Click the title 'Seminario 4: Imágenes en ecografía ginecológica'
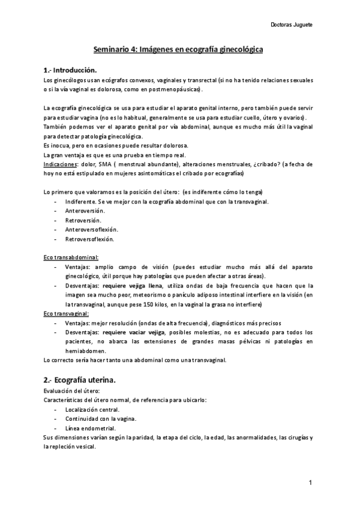click(179, 52)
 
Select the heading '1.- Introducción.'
click(70, 70)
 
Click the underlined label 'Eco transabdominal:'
click(71, 257)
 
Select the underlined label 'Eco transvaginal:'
click(67, 313)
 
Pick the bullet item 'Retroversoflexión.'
click(90, 239)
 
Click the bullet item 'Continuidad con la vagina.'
click(100, 418)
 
